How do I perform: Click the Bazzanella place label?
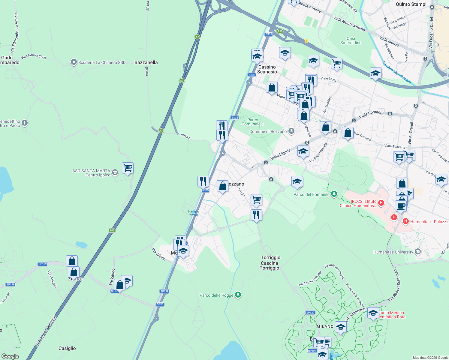point(146,62)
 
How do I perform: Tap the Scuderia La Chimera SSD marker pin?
point(74,62)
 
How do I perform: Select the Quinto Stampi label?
point(411,4)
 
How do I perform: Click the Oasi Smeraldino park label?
point(351,40)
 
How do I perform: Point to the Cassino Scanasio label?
point(267,69)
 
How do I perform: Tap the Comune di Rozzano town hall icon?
point(291,131)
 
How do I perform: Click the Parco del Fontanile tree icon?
point(334,194)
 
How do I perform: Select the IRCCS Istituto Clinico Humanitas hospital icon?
point(381,203)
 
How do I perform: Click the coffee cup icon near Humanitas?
point(401,206)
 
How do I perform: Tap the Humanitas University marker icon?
point(418,252)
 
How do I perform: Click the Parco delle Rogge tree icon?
point(238,295)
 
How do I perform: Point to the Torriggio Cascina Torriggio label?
point(270,262)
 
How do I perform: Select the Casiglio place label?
point(67,348)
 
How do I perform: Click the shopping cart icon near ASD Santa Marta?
point(128,168)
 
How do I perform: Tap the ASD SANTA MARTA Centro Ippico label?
point(91,173)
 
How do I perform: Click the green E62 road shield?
point(112,230)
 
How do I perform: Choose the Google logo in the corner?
point(10,356)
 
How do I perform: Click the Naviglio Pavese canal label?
point(194,213)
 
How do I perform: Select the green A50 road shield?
point(280,31)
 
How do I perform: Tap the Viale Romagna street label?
point(372,114)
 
